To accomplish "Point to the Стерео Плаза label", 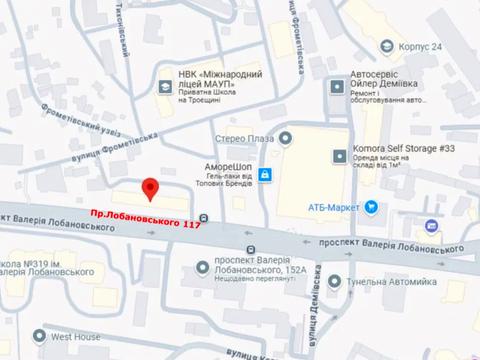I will (x=244, y=138).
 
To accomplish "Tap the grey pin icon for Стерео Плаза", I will (x=286, y=138).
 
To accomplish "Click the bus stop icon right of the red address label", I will (x=204, y=218).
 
